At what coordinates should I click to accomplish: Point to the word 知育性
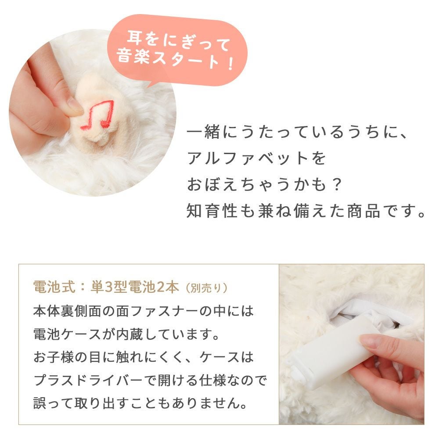[x=212, y=211]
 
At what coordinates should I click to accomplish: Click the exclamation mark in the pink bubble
[x=231, y=63]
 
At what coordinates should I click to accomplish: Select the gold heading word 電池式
[x=54, y=287]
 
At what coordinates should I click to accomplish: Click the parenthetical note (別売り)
[x=207, y=288]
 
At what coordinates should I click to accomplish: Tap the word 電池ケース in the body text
[x=67, y=334]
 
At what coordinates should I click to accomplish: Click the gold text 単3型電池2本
[x=134, y=287]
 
